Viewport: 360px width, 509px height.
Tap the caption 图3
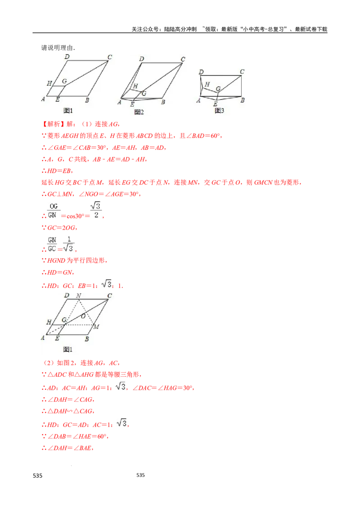(x=219, y=111)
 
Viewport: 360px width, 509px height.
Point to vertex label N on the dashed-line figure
(x=79, y=295)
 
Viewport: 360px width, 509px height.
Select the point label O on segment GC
(x=83, y=316)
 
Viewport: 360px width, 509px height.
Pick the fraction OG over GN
(x=54, y=210)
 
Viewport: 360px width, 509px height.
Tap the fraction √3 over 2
(x=95, y=210)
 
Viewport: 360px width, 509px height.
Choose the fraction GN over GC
(x=52, y=244)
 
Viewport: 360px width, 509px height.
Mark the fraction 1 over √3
(x=68, y=244)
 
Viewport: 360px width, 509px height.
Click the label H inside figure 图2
(x=135, y=86)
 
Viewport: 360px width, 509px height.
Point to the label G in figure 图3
(x=218, y=89)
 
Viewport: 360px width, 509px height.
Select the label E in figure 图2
(x=132, y=104)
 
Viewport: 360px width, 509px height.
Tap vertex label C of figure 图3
(x=242, y=71)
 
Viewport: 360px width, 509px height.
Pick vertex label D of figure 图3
(x=201, y=72)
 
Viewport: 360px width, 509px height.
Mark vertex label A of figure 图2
(x=119, y=103)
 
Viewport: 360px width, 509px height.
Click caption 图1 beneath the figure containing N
(x=68, y=349)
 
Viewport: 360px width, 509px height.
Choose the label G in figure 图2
(x=144, y=94)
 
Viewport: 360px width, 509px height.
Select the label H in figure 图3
(x=207, y=84)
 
